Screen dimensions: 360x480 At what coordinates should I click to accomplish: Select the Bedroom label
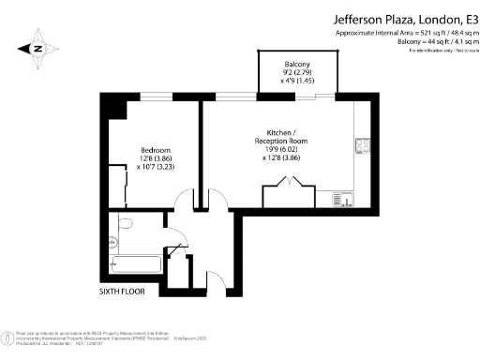pos(155,150)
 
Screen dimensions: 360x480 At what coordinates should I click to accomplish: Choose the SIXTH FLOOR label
pos(125,292)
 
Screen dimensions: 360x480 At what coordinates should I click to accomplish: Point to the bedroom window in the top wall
pos(156,95)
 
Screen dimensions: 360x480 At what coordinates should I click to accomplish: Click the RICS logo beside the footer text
pos(7,336)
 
